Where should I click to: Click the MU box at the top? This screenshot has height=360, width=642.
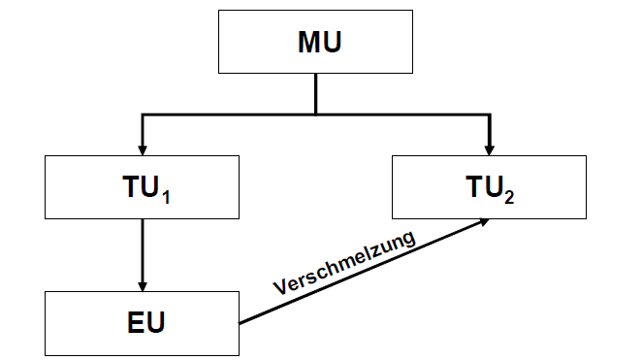click(x=317, y=44)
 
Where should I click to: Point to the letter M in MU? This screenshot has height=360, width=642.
click(x=305, y=44)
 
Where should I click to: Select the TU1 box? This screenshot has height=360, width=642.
click(x=143, y=187)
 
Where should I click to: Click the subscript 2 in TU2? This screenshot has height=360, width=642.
click(x=511, y=193)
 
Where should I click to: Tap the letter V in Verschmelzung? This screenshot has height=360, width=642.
click(x=278, y=288)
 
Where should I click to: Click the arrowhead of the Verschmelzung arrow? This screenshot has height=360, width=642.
click(x=482, y=221)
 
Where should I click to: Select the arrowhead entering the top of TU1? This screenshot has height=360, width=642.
click(x=143, y=148)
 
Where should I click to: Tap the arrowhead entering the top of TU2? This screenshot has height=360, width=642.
click(x=489, y=148)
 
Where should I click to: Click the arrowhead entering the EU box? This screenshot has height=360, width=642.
click(x=143, y=285)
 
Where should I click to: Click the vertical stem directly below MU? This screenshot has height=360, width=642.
click(x=317, y=93)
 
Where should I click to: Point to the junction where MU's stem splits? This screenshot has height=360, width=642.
click(x=317, y=115)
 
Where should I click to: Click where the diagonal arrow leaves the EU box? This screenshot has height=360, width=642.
click(x=240, y=320)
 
